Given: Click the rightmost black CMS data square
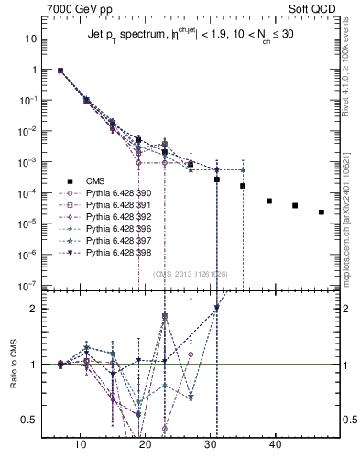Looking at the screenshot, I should point(322,213).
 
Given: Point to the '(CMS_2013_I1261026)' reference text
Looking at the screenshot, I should point(191,272).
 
